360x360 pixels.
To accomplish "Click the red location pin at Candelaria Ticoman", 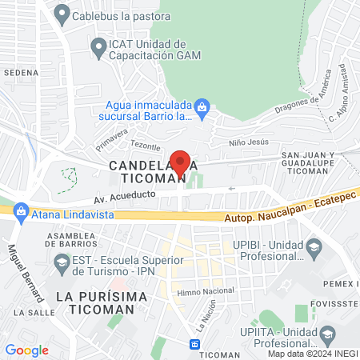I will coord(181,162).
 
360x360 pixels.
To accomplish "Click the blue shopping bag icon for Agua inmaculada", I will coord(202,106).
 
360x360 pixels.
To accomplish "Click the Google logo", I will coord(27,350).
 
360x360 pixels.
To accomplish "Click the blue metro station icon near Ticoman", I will coord(194,343).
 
